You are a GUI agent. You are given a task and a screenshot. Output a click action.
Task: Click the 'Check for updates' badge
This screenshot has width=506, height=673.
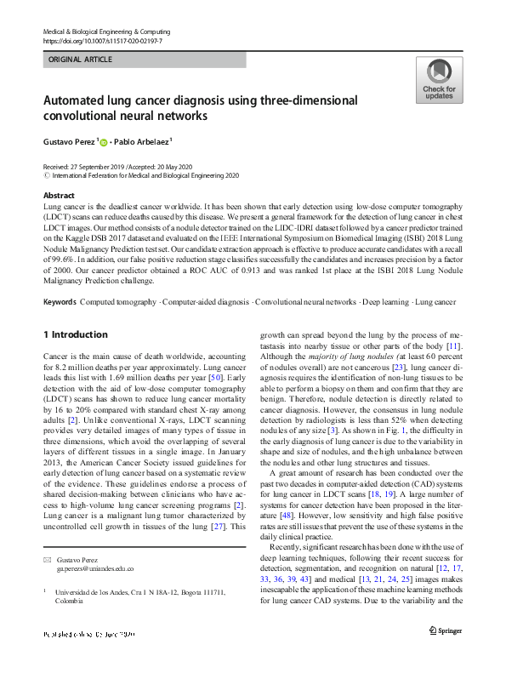[438, 81]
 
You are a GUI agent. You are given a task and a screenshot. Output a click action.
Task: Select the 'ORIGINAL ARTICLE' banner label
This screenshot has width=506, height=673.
[80, 60]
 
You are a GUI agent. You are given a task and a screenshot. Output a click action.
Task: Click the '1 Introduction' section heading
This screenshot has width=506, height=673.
[76, 335]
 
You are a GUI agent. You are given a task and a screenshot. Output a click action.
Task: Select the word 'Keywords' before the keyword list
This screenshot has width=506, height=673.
[60, 302]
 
